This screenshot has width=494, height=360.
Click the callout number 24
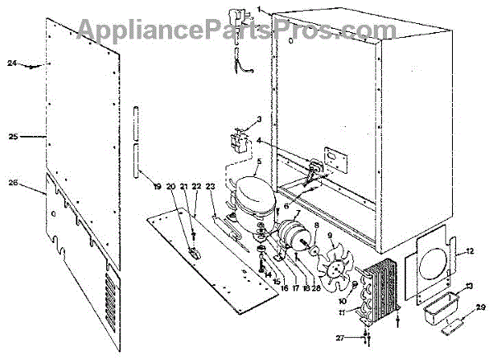(12, 63)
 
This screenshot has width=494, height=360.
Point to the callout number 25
(12, 136)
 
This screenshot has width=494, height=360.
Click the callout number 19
(157, 187)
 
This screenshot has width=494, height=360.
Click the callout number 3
(259, 119)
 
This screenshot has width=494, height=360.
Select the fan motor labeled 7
(289, 236)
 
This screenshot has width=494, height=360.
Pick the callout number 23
(210, 187)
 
